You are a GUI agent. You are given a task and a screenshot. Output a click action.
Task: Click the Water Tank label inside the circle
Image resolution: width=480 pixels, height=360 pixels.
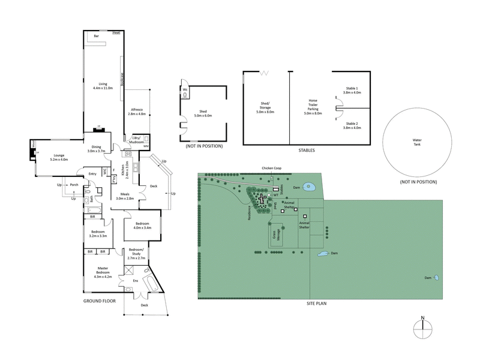click(417, 142)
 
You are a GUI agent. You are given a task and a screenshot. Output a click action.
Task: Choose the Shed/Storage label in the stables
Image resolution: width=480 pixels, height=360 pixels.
click(265, 108)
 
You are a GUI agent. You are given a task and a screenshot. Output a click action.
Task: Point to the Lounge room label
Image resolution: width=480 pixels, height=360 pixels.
click(59, 157)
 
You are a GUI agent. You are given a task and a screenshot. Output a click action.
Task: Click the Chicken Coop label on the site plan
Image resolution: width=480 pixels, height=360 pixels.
click(271, 169)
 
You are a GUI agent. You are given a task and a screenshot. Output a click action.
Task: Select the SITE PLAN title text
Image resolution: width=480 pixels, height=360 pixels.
click(316, 304)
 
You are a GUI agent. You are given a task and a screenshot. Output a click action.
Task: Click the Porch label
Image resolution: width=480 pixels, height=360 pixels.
click(74, 185)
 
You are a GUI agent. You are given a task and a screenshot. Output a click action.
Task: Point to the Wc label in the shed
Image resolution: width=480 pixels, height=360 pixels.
click(185, 89)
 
